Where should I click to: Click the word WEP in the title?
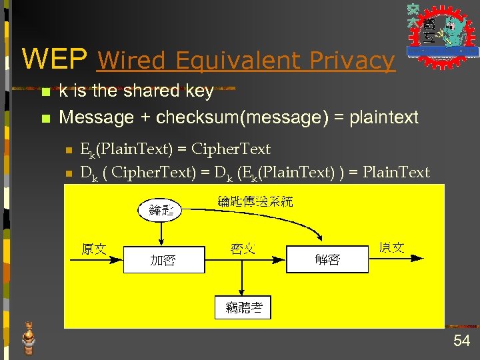click(x=54, y=59)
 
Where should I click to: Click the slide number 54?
click(x=461, y=341)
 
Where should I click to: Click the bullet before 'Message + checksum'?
click(x=45, y=119)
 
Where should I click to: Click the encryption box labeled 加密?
click(x=163, y=259)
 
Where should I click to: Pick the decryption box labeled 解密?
click(x=327, y=259)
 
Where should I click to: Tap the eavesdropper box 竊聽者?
click(x=244, y=307)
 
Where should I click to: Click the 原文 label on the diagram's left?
click(x=93, y=249)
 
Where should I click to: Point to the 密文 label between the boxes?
click(x=243, y=249)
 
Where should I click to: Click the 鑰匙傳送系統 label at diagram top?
click(x=255, y=201)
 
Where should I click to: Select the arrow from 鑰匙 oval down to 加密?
click(x=161, y=233)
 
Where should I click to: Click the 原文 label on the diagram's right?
click(x=391, y=248)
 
